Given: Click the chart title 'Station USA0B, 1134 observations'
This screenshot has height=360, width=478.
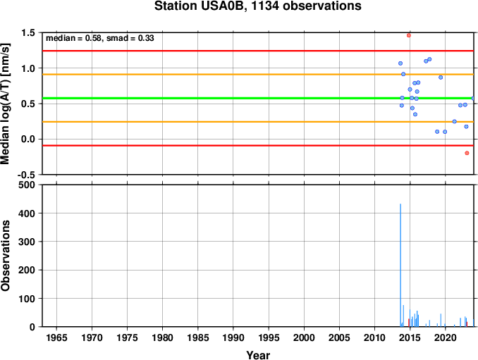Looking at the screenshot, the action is (257, 6).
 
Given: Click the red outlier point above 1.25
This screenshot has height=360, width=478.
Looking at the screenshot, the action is (409, 35).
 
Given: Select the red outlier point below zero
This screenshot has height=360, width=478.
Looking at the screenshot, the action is (467, 153).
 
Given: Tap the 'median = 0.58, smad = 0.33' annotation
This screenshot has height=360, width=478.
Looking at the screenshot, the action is (99, 38).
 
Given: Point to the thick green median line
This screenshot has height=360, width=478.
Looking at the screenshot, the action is (258, 98).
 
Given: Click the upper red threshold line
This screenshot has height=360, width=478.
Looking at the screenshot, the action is (258, 51).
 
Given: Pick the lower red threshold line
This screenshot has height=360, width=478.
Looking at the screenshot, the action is (258, 146).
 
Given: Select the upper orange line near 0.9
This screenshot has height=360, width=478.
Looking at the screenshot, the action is (258, 74).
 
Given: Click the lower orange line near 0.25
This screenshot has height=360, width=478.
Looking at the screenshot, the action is (258, 122).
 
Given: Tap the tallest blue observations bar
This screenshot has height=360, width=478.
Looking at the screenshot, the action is (400, 265).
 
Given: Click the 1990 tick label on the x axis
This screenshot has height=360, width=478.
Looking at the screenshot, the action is (233, 337).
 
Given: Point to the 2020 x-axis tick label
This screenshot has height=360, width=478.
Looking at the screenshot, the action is (445, 337).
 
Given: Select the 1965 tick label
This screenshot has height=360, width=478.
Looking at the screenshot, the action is (56, 337).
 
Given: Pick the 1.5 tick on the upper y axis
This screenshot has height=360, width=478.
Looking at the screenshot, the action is (28, 32).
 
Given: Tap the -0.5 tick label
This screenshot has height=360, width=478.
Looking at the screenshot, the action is (26, 175).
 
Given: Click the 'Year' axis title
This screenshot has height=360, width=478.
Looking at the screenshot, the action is (258, 355).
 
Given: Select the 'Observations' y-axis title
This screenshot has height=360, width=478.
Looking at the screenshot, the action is (6, 256).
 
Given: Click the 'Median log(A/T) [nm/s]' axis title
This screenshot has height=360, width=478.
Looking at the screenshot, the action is (6, 104).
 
